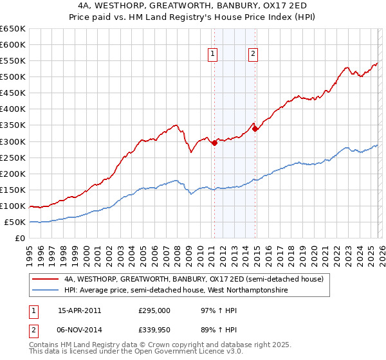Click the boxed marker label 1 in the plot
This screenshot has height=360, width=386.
coord(212,55)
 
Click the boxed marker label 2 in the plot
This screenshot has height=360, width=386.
coord(253,55)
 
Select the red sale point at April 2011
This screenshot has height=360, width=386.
coord(214,143)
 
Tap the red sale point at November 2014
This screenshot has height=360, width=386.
coord(255,129)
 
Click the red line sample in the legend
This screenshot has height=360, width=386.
coord(46,280)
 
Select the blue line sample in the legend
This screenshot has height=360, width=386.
coord(46,291)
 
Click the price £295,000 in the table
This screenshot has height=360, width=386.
coord(154,310)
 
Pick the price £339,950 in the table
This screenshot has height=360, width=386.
coord(154,330)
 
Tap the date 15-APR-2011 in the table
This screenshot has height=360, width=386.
coord(79,310)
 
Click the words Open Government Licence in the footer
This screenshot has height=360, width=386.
coord(187,353)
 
